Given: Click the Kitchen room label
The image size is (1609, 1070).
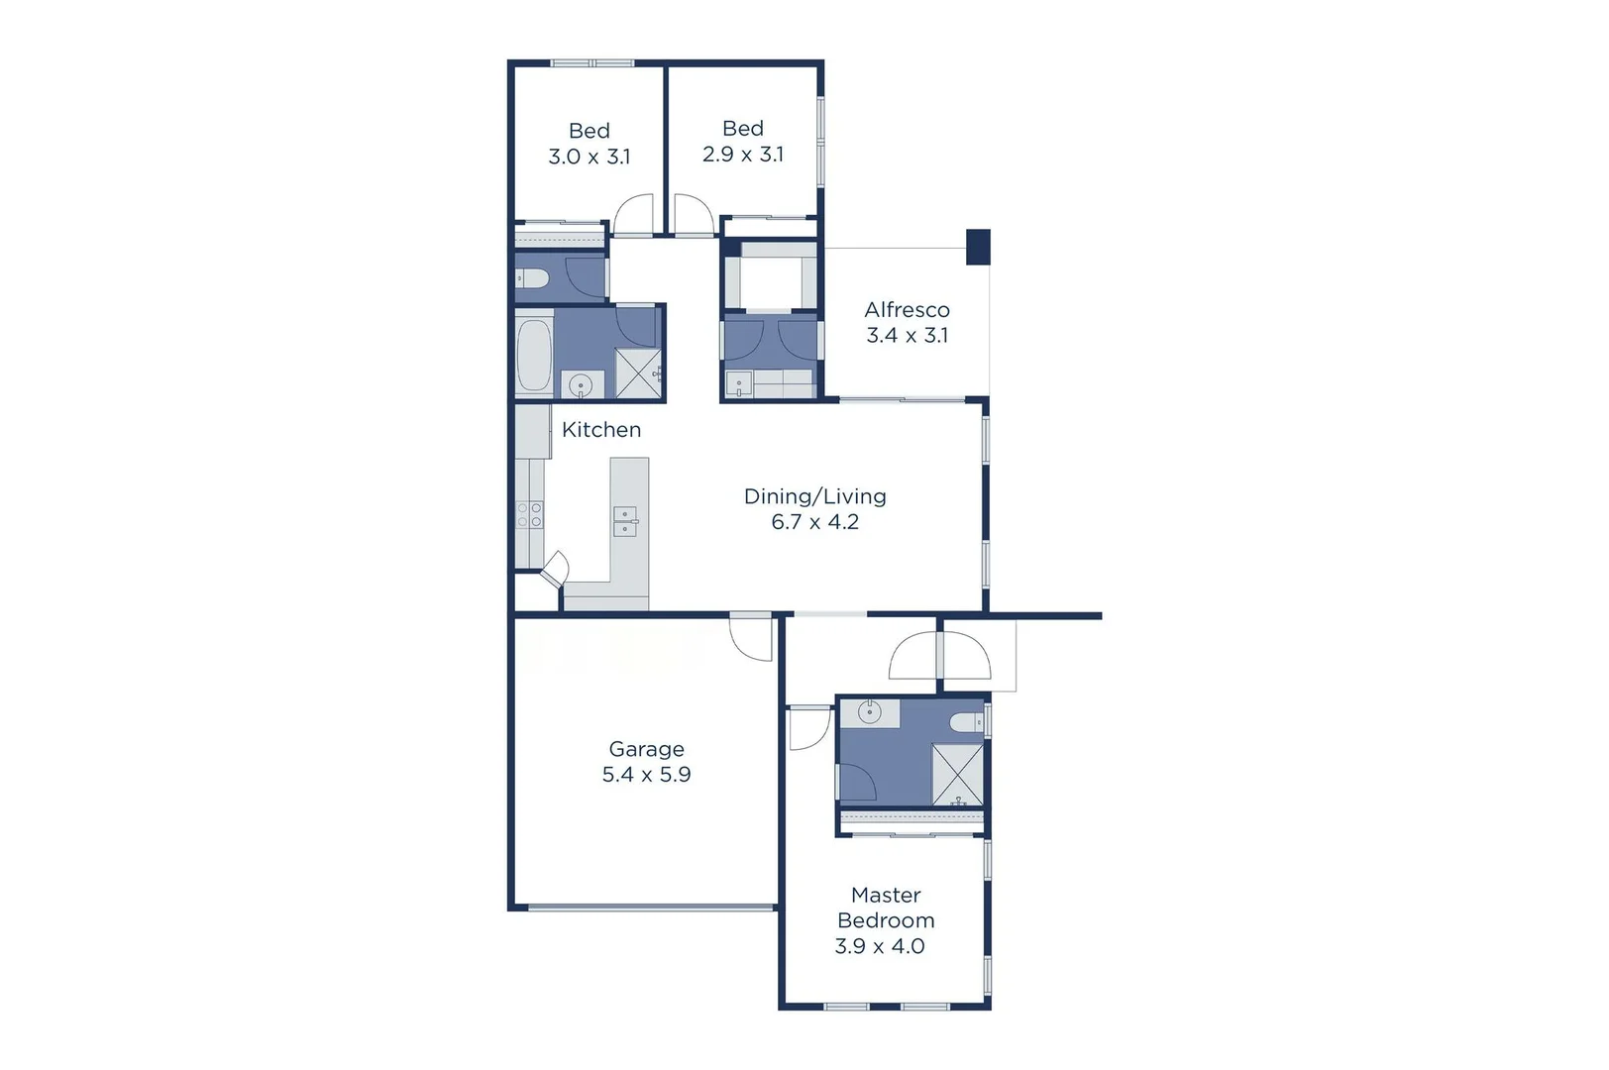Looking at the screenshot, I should pos(600,429).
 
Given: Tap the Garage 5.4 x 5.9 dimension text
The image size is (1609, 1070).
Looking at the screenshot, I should pos(646,775).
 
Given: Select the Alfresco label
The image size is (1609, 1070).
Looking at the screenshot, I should pos(907,310).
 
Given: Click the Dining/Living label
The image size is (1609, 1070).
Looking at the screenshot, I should pos(814,496).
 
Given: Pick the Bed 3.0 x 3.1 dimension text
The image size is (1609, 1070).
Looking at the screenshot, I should pos(589,157).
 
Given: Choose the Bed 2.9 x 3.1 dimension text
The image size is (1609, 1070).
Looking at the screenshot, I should pos(742,155).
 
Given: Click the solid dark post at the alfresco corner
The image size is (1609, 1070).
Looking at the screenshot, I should pos(978,247).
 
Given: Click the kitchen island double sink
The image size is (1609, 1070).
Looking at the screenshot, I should pos(625,521).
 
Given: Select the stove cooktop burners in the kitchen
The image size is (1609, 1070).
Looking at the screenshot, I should pos(529,514).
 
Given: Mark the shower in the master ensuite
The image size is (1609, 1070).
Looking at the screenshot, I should pos(957,774).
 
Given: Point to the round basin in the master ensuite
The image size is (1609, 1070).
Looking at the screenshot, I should pos(869,712).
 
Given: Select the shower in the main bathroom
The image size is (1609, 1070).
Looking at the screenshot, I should pos(638,374).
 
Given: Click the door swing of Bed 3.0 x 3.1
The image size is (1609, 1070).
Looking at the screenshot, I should pos(634,214).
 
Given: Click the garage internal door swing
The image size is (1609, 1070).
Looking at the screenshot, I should pos(752,639).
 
